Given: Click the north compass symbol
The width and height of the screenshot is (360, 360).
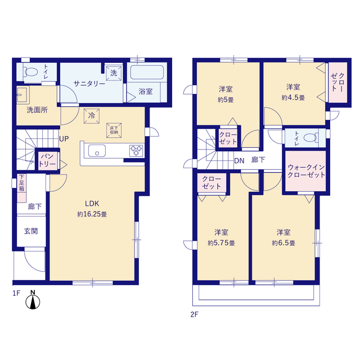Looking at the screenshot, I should tap(33, 301).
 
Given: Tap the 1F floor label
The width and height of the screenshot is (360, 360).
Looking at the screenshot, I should tap(16, 292).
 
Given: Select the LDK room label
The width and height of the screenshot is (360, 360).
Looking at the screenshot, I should tap(92, 204).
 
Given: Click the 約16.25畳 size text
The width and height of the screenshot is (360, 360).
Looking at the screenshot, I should tap(92, 214).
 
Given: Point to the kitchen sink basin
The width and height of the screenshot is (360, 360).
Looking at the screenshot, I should tap(96, 151).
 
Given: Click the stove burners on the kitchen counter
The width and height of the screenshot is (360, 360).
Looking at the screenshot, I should tap(137, 150).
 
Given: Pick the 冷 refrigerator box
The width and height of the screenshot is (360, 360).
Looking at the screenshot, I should tap(91, 116).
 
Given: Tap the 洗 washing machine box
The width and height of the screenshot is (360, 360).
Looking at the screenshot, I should tap(114, 73).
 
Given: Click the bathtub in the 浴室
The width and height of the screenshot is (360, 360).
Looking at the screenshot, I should tap(147, 73).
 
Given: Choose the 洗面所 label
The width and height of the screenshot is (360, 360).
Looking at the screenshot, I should tap(37, 110).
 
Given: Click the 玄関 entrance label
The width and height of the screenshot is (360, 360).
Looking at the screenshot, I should tap(30, 231).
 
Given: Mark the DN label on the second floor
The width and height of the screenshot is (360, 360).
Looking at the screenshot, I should tap(239, 161).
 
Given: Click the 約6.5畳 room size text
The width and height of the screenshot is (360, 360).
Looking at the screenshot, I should tap(283, 243).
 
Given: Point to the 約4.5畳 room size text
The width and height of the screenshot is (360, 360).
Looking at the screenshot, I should tap(293, 97).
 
